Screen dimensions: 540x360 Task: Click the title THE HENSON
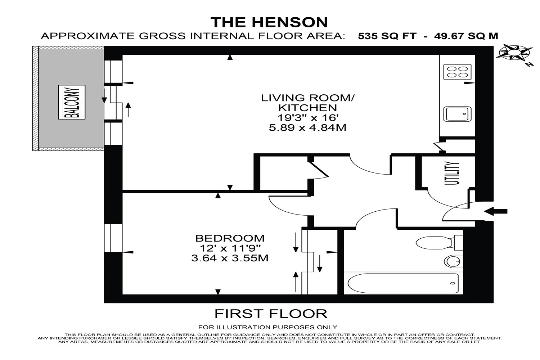click(269, 22)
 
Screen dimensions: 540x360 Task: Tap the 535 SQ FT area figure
click(387, 36)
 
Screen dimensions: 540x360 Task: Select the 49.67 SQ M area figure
click(466, 36)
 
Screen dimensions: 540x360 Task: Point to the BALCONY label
click(72, 102)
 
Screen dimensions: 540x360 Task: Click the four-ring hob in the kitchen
click(457, 72)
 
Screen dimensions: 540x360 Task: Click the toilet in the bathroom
click(439, 243)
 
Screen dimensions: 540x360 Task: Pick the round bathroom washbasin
click(453, 261)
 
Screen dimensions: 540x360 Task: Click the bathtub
click(403, 283)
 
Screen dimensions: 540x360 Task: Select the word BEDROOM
click(230, 238)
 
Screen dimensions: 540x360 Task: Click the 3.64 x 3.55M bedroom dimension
click(230, 258)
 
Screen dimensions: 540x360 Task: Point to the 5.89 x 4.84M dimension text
click(307, 128)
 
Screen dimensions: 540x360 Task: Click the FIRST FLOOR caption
click(271, 314)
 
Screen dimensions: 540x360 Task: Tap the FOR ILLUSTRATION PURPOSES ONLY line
click(268, 327)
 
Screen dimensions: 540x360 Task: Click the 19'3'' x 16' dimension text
click(307, 118)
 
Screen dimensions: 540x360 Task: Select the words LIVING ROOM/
click(308, 98)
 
